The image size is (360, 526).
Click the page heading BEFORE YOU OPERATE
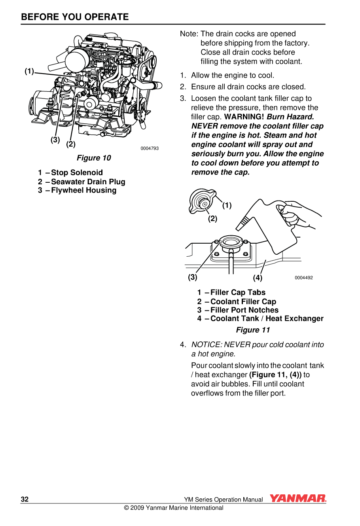pyautogui.click(x=75, y=17)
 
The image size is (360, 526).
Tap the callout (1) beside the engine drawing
pyautogui.click(x=29, y=71)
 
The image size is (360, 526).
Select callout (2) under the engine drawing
pyautogui.click(x=71, y=144)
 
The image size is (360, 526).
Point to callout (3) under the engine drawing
pyautogui.click(x=55, y=140)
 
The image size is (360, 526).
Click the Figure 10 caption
pyautogui.click(x=94, y=158)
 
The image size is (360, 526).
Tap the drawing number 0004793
pyautogui.click(x=150, y=149)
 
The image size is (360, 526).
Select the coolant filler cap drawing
pyautogui.click(x=202, y=201)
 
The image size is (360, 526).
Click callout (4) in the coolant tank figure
pyautogui.click(x=258, y=278)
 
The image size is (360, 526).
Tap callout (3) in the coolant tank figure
pyautogui.click(x=193, y=277)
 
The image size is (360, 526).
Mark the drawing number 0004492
pyautogui.click(x=303, y=278)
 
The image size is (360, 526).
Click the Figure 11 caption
pyautogui.click(x=253, y=330)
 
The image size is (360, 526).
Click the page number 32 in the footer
pyautogui.click(x=25, y=499)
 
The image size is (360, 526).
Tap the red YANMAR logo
pyautogui.click(x=298, y=499)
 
